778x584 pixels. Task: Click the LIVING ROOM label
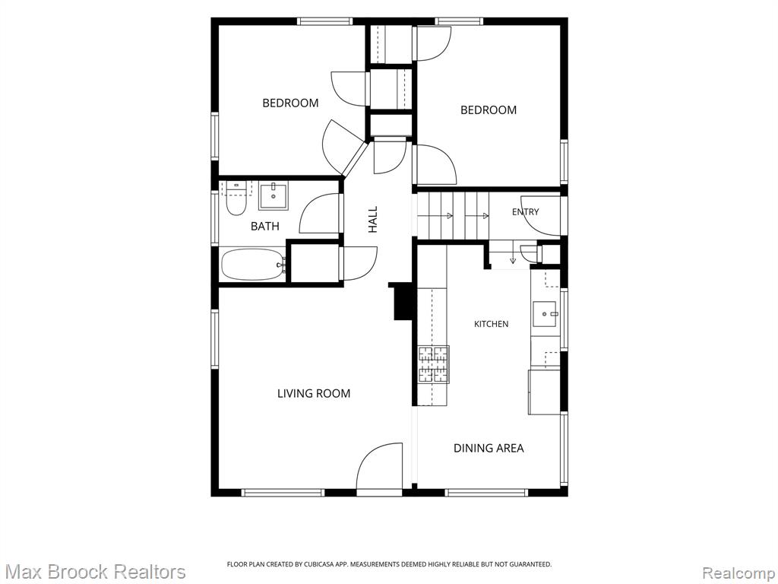[314, 393]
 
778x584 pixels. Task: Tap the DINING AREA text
[489, 448]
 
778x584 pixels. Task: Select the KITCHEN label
[492, 324]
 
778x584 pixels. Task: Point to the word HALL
[372, 220]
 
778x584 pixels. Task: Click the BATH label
[265, 227]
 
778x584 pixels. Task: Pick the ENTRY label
[526, 212]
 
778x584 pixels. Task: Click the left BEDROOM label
[290, 103]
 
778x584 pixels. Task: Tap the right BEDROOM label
[489, 109]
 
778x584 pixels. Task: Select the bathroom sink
[273, 196]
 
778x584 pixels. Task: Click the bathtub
[253, 265]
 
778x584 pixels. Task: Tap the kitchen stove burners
[434, 364]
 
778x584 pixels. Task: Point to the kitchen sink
[546, 314]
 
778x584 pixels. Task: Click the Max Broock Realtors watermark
[93, 572]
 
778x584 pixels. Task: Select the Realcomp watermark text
[739, 573]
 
